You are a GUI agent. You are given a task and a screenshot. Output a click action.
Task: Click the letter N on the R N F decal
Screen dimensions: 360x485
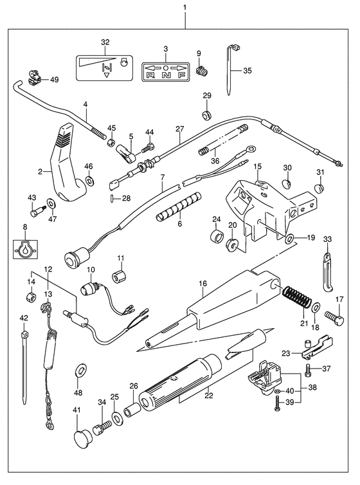click(x=166, y=75)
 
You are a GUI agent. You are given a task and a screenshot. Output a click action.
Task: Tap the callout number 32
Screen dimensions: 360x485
click(x=105, y=42)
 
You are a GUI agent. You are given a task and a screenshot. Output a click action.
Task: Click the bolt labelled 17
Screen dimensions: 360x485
click(x=334, y=319)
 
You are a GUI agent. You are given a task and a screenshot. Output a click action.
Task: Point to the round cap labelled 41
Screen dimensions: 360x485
click(x=82, y=437)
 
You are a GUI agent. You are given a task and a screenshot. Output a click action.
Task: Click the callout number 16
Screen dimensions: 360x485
click(x=203, y=283)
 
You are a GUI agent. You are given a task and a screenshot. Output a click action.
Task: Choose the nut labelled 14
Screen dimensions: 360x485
click(x=31, y=297)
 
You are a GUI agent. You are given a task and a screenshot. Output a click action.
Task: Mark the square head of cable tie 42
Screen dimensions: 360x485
click(x=24, y=334)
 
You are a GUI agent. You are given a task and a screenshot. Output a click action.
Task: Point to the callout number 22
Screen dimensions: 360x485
click(x=209, y=395)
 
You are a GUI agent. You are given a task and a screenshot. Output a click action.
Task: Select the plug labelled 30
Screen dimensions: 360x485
click(x=287, y=185)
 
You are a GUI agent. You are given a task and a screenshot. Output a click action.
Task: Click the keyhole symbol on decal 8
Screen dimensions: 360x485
click(x=25, y=250)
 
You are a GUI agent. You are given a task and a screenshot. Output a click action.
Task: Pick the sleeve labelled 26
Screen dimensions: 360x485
click(x=131, y=409)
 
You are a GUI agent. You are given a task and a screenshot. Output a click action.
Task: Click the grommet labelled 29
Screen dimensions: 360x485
click(x=206, y=114)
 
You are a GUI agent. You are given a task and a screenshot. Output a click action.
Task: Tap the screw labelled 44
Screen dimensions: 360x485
click(x=148, y=147)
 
